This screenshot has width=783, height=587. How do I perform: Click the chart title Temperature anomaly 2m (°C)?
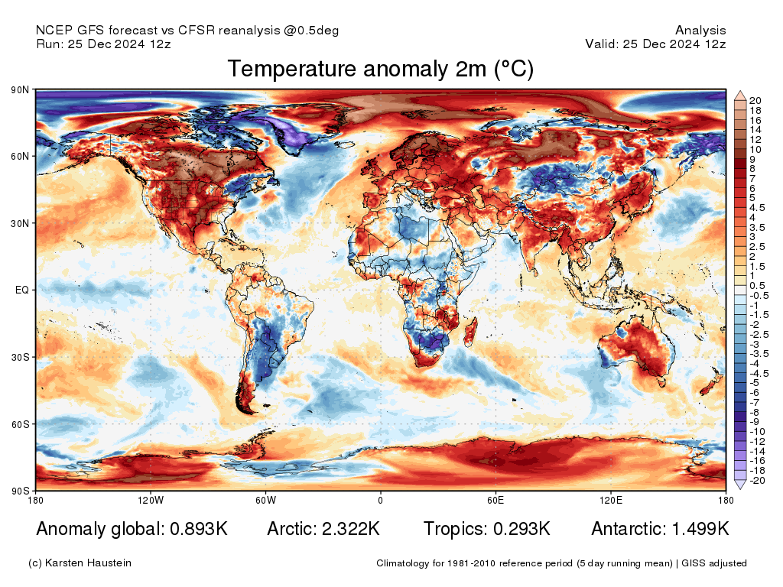(x=380, y=69)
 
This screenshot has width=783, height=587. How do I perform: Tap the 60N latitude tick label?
(x=20, y=157)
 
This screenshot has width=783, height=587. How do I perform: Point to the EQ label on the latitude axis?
(x=22, y=290)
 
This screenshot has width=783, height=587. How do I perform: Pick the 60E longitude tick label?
(x=495, y=501)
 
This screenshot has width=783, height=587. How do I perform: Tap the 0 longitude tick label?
(x=380, y=501)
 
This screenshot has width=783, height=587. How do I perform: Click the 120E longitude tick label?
(x=610, y=501)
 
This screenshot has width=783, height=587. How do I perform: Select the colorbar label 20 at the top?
(x=755, y=101)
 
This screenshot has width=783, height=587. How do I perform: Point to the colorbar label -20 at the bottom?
(x=756, y=481)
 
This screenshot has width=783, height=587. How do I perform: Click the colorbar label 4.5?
(x=757, y=207)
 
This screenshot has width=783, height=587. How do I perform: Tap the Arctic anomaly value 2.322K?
(x=349, y=529)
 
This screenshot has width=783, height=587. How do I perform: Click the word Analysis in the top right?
(x=700, y=31)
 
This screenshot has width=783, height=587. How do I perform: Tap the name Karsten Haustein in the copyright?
(x=88, y=563)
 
